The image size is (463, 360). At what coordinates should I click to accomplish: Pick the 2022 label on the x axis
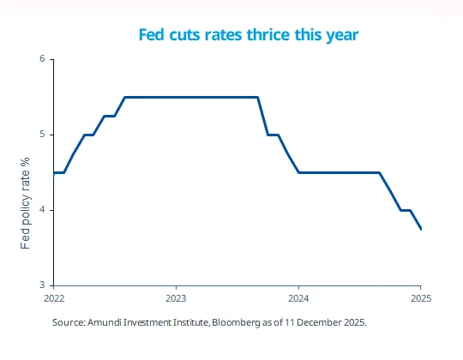pyautogui.click(x=53, y=299)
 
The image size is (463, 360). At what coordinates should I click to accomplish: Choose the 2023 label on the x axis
pyautogui.click(x=176, y=299)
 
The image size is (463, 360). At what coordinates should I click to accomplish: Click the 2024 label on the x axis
pyautogui.click(x=298, y=299)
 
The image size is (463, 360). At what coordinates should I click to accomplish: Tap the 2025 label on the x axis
pyautogui.click(x=420, y=299)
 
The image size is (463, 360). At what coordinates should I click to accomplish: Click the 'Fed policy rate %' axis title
pyautogui.click(x=26, y=204)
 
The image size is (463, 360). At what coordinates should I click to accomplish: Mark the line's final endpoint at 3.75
pyautogui.click(x=421, y=229)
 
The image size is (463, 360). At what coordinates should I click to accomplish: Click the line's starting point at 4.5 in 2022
pyautogui.click(x=54, y=172)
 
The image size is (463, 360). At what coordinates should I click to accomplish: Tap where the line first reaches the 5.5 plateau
pyautogui.click(x=125, y=97)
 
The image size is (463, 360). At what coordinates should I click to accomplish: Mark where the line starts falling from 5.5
pyautogui.click(x=258, y=97)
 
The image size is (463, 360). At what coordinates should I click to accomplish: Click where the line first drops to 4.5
pyautogui.click(x=298, y=172)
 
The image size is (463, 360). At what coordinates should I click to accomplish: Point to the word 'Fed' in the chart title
pyautogui.click(x=152, y=35)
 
